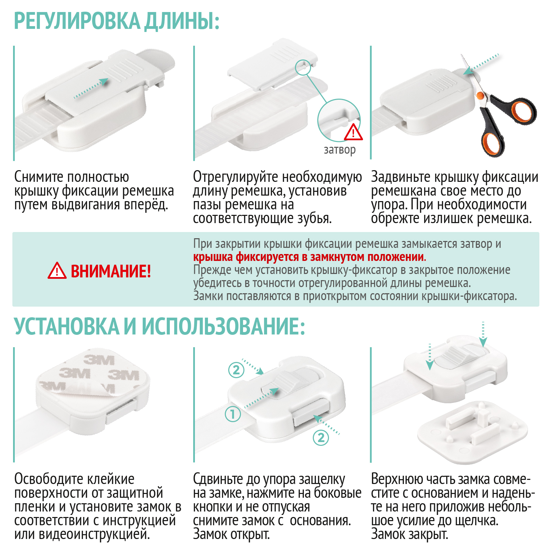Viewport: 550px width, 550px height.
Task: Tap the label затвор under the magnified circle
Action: [x=340, y=150]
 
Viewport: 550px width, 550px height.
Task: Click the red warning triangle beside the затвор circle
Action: [x=353, y=133]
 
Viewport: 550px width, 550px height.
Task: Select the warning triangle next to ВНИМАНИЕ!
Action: [x=57, y=271]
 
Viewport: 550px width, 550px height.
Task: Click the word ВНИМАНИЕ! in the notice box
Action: [x=111, y=271]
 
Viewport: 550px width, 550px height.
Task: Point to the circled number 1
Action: [x=233, y=414]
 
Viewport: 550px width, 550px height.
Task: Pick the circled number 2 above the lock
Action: [x=236, y=370]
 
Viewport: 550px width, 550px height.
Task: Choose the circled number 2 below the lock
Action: [x=321, y=438]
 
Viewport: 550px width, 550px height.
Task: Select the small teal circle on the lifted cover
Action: [x=303, y=67]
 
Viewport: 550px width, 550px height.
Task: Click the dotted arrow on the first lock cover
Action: [x=91, y=88]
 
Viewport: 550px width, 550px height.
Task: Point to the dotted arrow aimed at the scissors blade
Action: [x=481, y=64]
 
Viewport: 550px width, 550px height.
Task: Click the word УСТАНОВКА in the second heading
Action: [x=66, y=326]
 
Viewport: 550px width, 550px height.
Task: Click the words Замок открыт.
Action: [x=231, y=534]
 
